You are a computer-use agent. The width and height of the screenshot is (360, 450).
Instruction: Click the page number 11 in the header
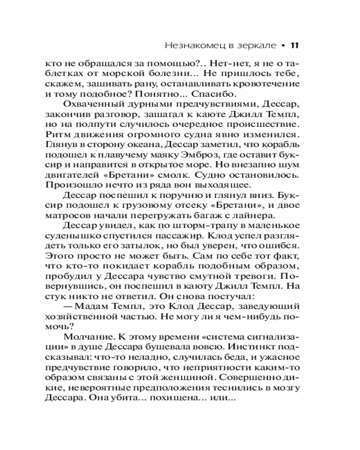(x=294, y=45)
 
